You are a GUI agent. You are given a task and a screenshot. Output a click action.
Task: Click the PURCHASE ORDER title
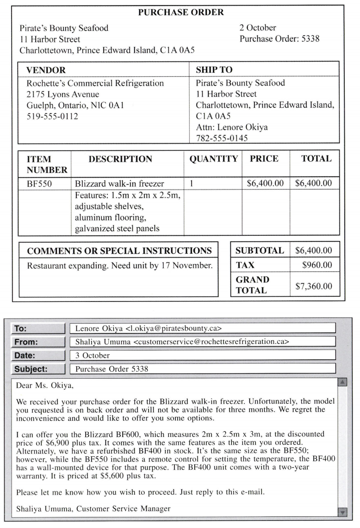click(x=181, y=12)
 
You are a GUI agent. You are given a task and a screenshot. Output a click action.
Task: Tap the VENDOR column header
click(x=46, y=70)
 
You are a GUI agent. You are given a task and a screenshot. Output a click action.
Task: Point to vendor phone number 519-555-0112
click(x=52, y=117)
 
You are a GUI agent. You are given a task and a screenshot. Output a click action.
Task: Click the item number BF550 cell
click(x=39, y=184)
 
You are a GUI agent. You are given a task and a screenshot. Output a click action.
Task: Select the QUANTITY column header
click(x=213, y=159)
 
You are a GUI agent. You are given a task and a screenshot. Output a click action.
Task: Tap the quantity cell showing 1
click(x=191, y=184)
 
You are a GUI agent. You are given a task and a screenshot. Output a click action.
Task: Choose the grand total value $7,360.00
click(x=314, y=286)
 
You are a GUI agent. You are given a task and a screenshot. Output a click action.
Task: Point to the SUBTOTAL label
click(x=260, y=251)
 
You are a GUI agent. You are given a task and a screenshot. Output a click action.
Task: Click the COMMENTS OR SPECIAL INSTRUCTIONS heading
click(x=119, y=251)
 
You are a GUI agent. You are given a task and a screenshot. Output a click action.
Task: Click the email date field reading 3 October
click(x=93, y=356)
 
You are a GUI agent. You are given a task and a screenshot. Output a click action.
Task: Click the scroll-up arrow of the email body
click(x=343, y=382)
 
